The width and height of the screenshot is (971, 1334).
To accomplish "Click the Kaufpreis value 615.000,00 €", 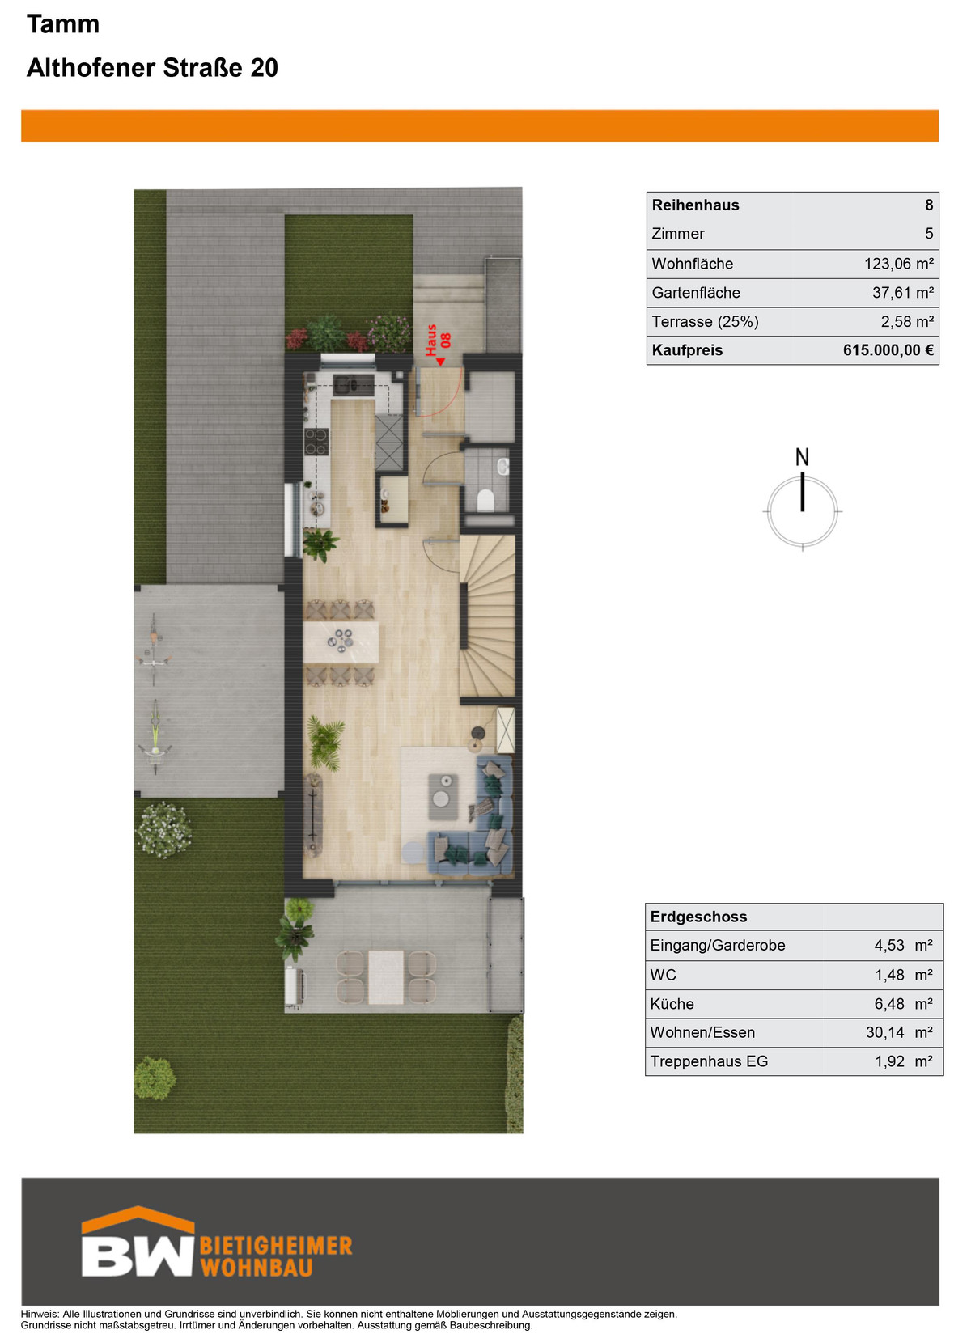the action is click(888, 350).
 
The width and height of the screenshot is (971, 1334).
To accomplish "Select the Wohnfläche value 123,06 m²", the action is click(898, 264).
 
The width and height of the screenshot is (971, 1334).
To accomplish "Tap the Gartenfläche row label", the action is click(696, 293).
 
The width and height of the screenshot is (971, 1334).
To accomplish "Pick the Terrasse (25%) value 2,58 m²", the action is click(906, 322).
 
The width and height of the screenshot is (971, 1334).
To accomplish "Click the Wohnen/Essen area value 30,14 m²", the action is click(899, 1032).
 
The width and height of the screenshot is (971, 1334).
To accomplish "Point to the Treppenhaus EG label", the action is click(709, 1061).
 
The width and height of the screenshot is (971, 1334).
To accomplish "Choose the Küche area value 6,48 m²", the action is click(903, 1003).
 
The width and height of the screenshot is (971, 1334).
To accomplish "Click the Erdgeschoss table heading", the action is click(698, 917).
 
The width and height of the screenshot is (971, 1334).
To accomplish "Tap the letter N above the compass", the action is click(802, 457).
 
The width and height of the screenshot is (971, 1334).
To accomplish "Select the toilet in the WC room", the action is click(485, 500).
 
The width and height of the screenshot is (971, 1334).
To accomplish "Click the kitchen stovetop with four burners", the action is click(316, 442).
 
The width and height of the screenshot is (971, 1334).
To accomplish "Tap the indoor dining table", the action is click(341, 642).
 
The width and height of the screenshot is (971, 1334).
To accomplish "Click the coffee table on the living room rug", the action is click(443, 798).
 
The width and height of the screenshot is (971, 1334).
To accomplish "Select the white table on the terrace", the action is click(385, 977).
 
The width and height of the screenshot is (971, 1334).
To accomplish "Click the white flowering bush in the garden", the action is click(163, 829).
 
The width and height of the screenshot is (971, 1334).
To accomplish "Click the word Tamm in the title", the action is click(63, 24).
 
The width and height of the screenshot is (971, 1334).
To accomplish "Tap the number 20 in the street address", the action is click(264, 68).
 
